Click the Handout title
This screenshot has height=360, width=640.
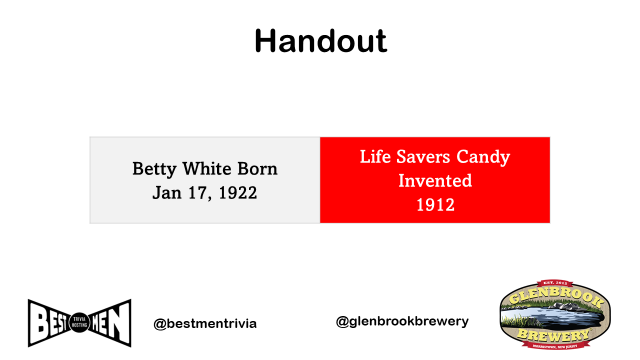(x=320, y=41)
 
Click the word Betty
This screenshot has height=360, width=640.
(x=154, y=169)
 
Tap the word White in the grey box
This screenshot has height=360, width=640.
(x=207, y=168)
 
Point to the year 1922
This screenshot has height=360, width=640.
(x=237, y=193)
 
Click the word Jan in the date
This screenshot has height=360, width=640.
(x=167, y=193)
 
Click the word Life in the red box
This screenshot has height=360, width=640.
(x=375, y=156)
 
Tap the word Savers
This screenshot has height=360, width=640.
(x=423, y=156)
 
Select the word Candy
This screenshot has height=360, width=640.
(x=483, y=157)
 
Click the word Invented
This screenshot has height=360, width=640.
(x=435, y=180)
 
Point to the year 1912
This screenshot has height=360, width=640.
(x=435, y=205)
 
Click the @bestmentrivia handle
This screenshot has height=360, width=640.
(x=205, y=323)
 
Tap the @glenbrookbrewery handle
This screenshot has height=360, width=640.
(x=402, y=321)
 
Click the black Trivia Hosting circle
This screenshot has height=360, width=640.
(x=79, y=322)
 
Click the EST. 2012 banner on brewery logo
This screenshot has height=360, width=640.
(x=555, y=283)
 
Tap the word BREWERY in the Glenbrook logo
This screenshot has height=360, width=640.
(x=553, y=335)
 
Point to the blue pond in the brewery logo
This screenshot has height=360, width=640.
(x=551, y=317)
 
